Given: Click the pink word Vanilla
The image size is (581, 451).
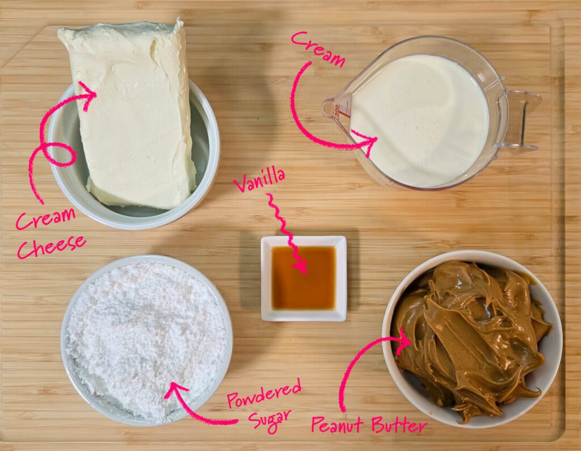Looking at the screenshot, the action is tap(259, 180).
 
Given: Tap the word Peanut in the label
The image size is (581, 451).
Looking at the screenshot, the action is tap(337, 425).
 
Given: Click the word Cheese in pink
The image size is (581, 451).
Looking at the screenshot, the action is tap(52, 246).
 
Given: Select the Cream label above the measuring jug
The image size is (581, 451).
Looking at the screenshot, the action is tap(318, 49).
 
